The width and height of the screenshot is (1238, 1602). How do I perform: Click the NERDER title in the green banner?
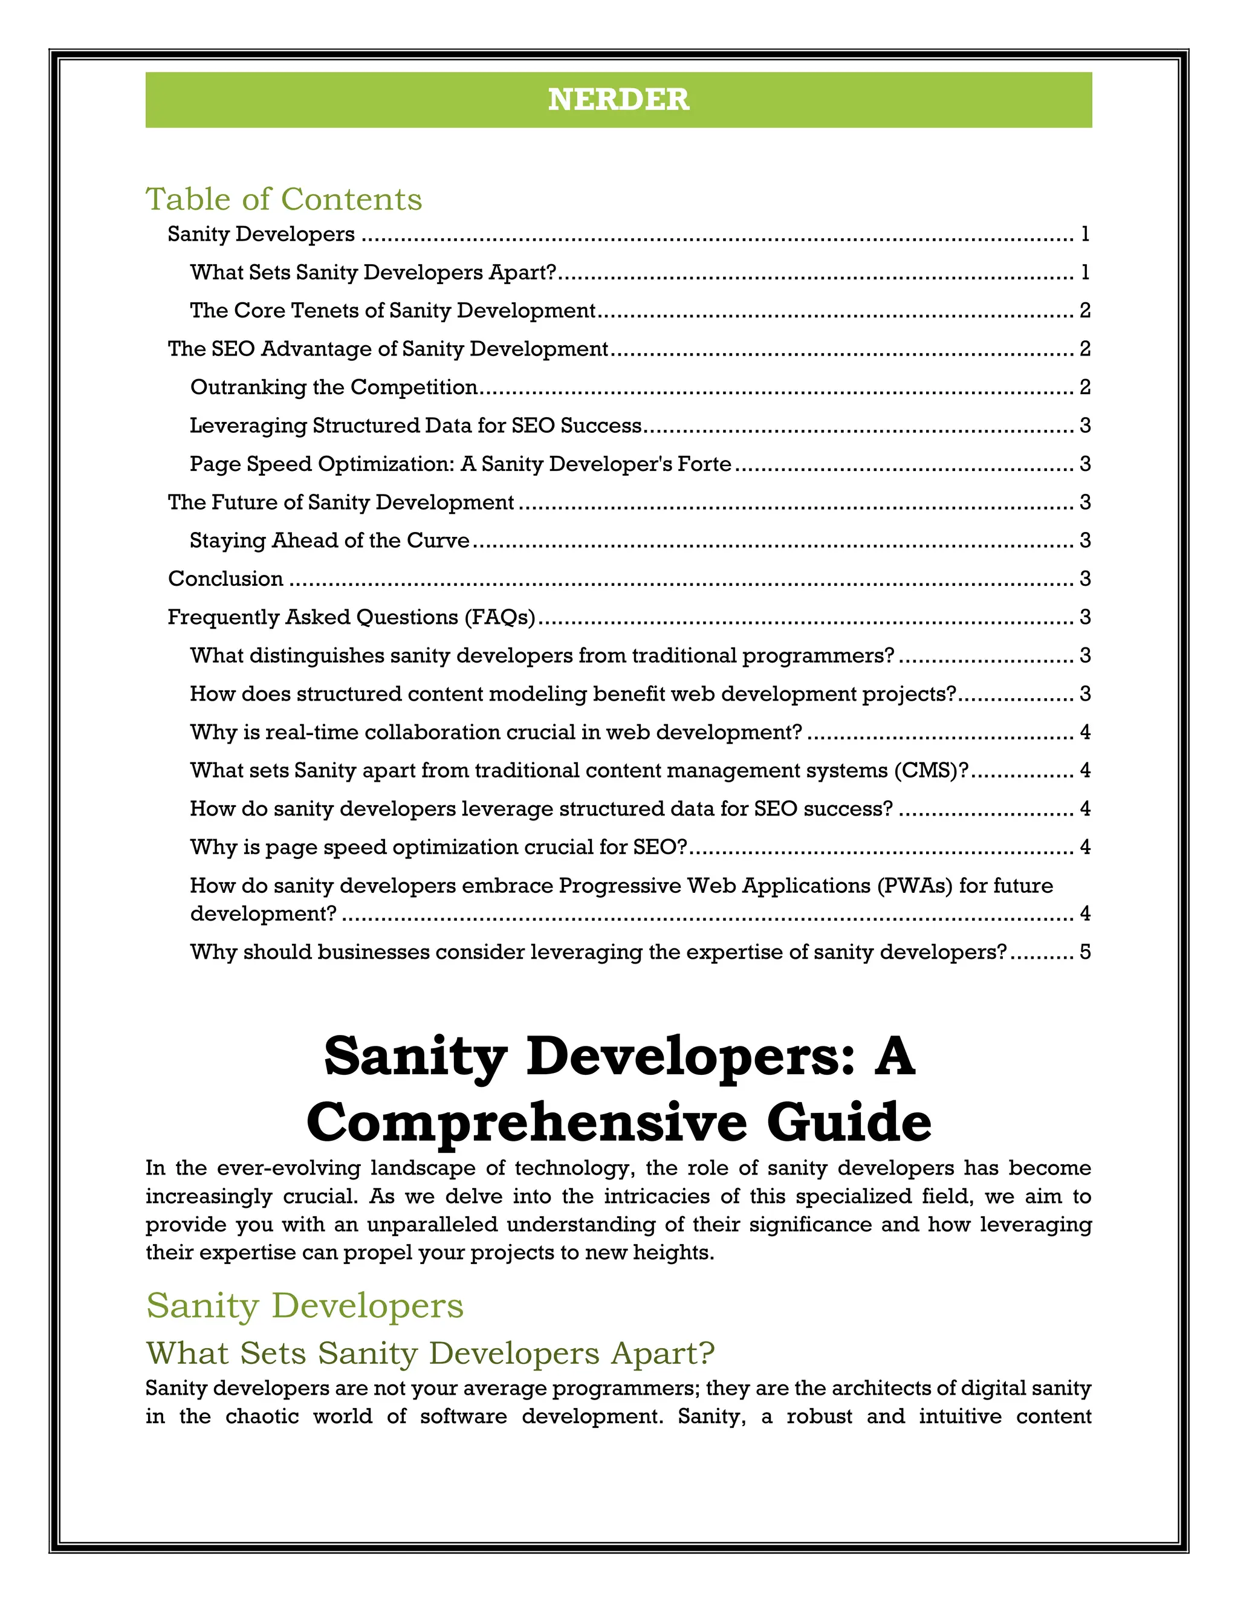[618, 100]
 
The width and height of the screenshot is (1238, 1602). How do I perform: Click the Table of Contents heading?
[284, 199]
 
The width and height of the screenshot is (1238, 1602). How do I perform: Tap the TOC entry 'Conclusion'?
[225, 578]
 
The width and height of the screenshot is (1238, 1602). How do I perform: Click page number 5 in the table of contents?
[1084, 952]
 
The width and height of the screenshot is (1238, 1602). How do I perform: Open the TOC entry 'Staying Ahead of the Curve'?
[329, 540]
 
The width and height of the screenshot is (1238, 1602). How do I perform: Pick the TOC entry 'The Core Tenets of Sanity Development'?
[392, 310]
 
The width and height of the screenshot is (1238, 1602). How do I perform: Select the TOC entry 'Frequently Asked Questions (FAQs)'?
[351, 617]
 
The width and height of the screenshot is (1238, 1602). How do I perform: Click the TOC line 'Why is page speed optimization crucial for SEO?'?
[438, 846]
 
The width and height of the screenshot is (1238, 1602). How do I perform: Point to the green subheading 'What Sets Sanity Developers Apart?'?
[430, 1354]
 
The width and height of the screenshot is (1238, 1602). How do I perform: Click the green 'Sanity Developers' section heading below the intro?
[305, 1306]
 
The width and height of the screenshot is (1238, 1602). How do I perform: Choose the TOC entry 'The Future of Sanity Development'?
[340, 502]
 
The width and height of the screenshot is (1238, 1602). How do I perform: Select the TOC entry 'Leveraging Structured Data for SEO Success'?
[415, 426]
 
